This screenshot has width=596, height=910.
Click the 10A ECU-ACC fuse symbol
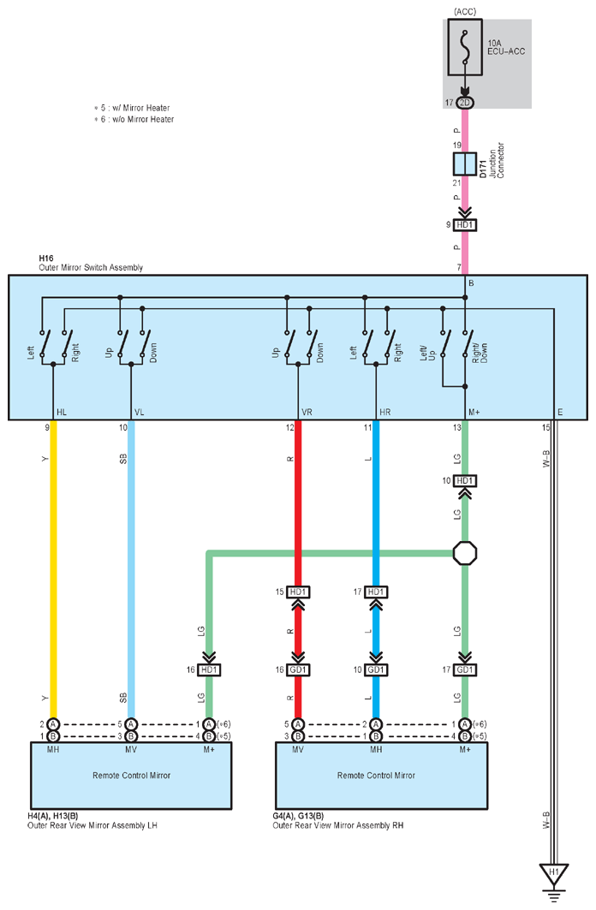[x=465, y=48]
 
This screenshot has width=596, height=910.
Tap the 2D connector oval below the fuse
[x=465, y=103]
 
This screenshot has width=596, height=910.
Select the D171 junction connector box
[x=465, y=164]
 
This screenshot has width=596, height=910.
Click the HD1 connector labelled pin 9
[x=465, y=224]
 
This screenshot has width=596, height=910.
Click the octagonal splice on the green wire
[x=465, y=553]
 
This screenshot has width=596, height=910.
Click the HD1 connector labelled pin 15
[x=298, y=592]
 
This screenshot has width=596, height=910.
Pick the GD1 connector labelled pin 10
[x=376, y=669]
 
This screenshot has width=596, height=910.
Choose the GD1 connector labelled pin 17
[x=465, y=669]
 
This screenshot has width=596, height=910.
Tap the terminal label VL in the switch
[x=140, y=412]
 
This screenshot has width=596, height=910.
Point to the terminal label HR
[x=384, y=412]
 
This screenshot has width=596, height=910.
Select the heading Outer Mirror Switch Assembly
[x=91, y=268]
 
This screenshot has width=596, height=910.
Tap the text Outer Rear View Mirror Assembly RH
[x=337, y=825]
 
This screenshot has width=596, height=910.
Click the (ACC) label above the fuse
[x=465, y=12]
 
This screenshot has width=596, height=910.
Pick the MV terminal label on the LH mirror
[x=131, y=750]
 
